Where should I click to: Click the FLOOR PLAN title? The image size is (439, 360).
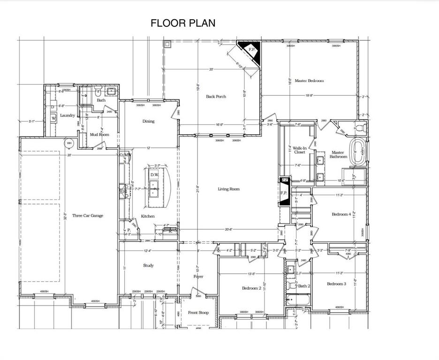(183, 23)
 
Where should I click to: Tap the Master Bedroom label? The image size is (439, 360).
(309, 81)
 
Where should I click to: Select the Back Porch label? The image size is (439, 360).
(216, 97)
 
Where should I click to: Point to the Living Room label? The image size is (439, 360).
(228, 189)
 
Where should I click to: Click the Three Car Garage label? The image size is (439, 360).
(87, 216)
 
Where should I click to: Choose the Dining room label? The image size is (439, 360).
(148, 121)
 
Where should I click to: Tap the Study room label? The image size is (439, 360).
(148, 265)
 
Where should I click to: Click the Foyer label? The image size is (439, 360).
(198, 277)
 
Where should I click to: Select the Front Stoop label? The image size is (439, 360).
(198, 312)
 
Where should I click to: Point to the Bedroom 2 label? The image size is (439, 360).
(251, 288)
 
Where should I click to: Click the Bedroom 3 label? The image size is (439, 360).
(336, 284)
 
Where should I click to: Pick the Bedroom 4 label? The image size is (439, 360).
(341, 214)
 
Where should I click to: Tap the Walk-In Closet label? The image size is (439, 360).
(299, 150)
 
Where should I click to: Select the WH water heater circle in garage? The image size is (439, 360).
(69, 143)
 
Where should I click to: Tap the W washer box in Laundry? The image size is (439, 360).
(53, 118)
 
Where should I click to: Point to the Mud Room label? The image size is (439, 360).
(99, 135)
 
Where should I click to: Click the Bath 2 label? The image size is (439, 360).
(304, 286)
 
